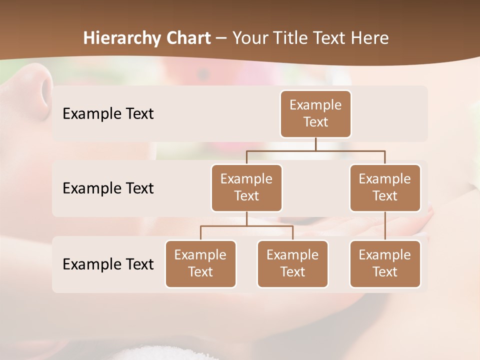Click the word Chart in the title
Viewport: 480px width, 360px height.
pos(189,38)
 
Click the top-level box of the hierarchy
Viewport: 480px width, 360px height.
pos(315,113)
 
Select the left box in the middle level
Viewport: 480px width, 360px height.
pos(246,187)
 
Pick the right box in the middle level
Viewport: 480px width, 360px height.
pos(385,187)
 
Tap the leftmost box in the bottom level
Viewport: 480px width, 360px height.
pos(200,263)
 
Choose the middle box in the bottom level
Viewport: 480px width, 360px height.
pos(292,263)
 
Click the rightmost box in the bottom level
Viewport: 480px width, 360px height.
pos(385,263)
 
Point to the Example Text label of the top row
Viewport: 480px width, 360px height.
pos(108,113)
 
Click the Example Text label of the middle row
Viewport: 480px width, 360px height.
pos(108,188)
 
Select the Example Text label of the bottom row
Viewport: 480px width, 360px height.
pos(108,264)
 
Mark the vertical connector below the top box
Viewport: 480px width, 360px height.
pos(315,144)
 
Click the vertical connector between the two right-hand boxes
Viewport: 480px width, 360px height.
pos(385,226)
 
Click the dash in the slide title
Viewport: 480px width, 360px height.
pos(221,38)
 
